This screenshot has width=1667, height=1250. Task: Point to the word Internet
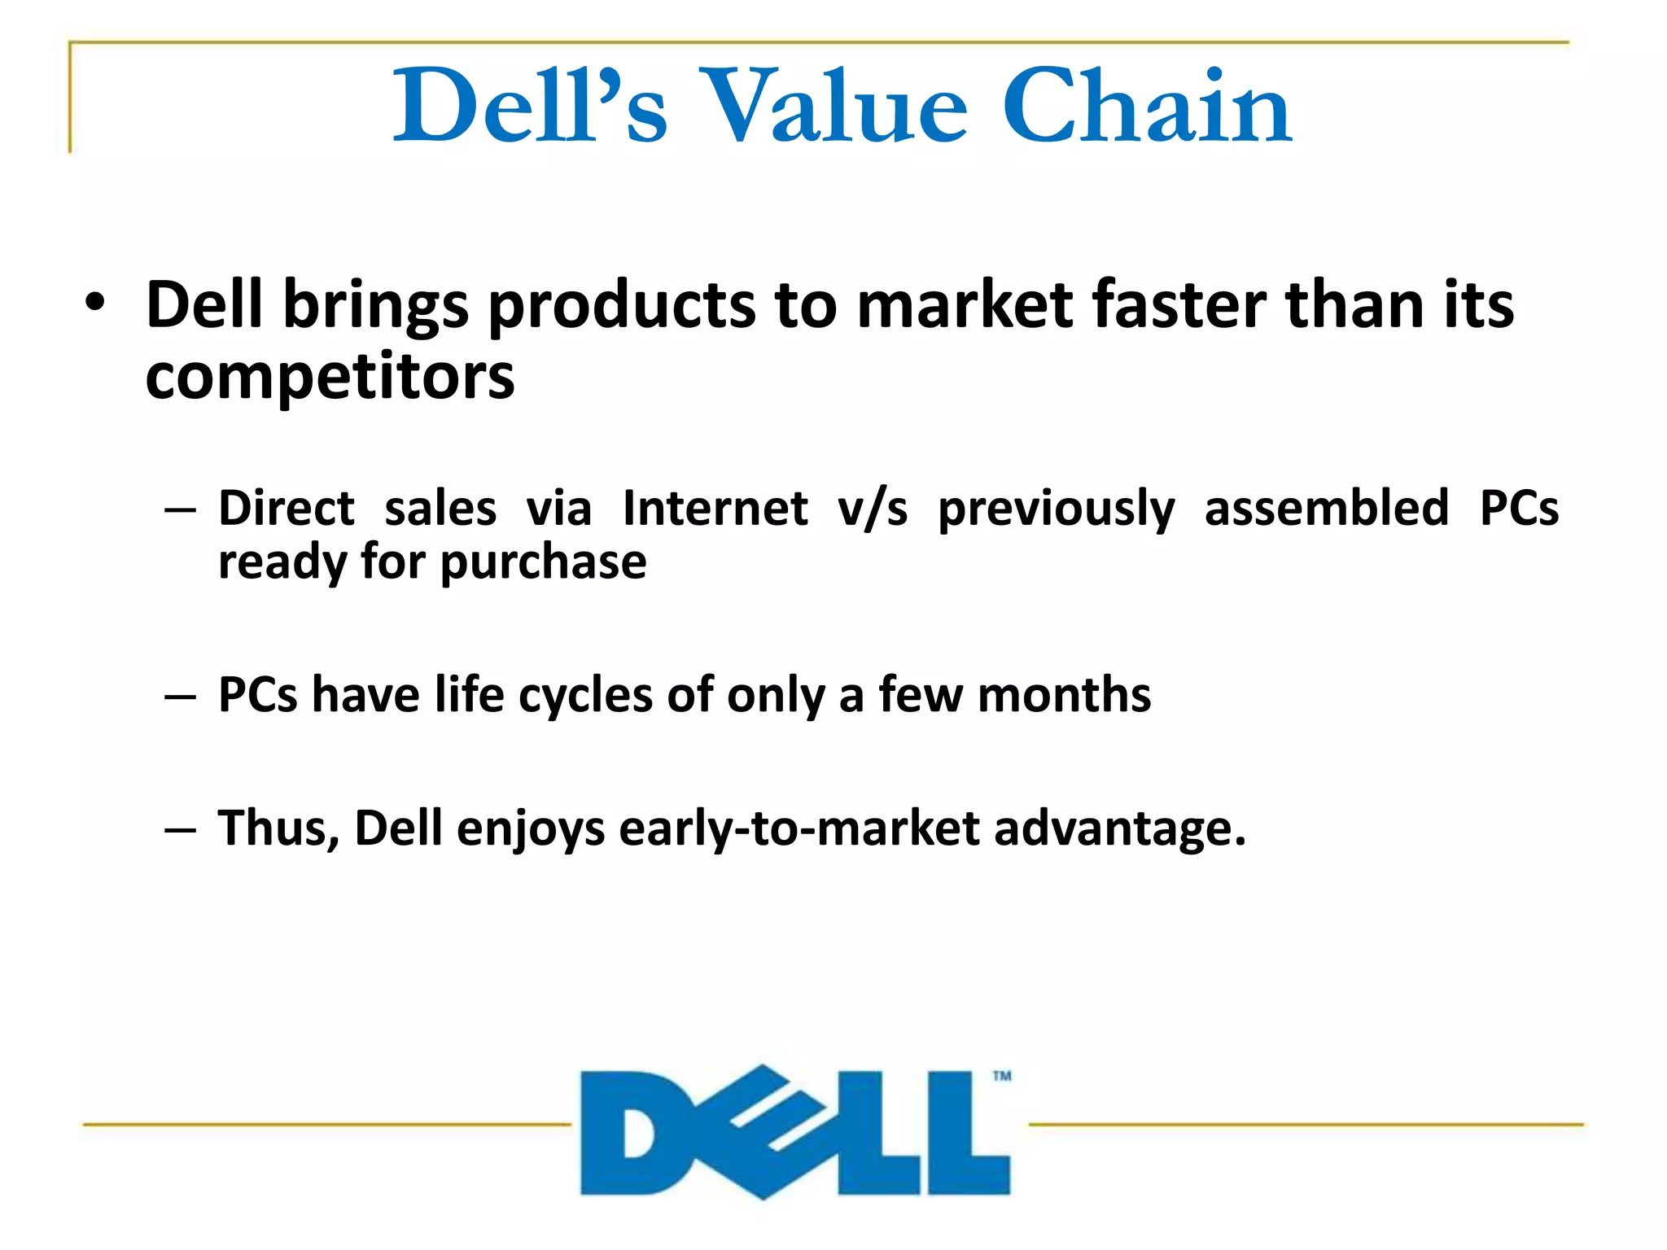click(x=715, y=509)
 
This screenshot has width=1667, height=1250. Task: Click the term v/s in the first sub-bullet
click(x=873, y=510)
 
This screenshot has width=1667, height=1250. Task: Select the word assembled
click(x=1326, y=509)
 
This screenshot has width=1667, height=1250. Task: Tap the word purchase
click(x=543, y=562)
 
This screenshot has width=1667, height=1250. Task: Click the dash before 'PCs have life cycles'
click(x=180, y=697)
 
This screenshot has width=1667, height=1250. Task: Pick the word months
click(x=1064, y=696)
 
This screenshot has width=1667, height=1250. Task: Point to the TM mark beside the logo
click(x=1002, y=1076)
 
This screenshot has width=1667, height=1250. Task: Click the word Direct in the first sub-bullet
click(x=287, y=509)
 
